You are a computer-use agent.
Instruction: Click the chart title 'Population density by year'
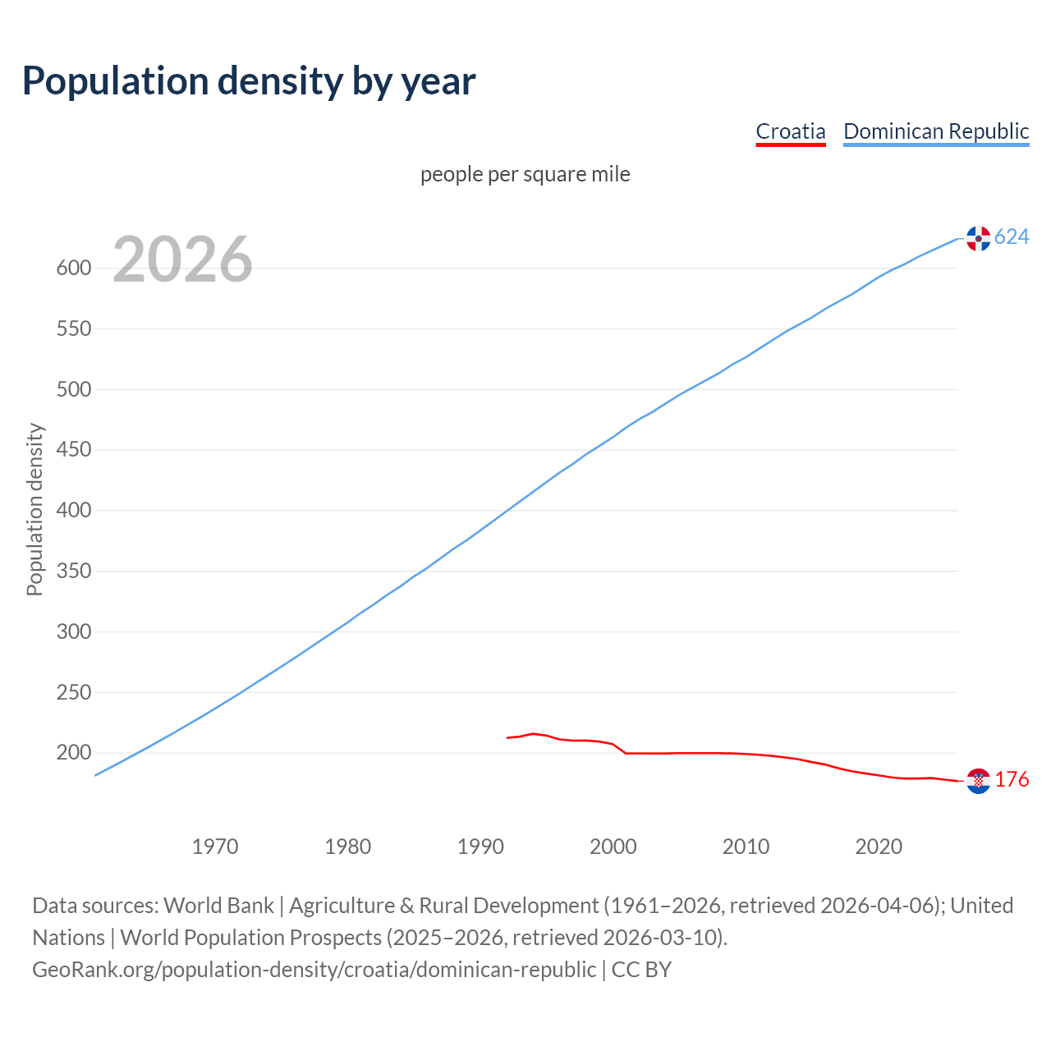click(249, 81)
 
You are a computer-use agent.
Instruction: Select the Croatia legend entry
click(790, 131)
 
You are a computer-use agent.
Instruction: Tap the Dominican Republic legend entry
click(936, 131)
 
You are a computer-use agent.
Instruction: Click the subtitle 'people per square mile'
click(525, 175)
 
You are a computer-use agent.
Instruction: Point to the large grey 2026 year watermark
click(182, 259)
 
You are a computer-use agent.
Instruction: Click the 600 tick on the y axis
click(73, 268)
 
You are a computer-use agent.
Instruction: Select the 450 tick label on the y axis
click(73, 450)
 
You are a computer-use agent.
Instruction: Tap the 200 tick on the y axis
click(73, 753)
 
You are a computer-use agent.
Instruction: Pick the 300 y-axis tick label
click(73, 632)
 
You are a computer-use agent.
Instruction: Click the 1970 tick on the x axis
click(215, 847)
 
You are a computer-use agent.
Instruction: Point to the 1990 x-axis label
click(480, 847)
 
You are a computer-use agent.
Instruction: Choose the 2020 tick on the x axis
click(879, 847)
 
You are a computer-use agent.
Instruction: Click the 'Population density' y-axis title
click(34, 509)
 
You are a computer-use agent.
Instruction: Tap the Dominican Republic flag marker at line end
click(978, 238)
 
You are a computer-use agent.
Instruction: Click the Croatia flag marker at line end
click(978, 781)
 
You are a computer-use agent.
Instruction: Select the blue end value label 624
click(1012, 237)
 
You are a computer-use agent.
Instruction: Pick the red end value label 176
click(1012, 780)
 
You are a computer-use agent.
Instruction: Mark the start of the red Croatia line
click(507, 738)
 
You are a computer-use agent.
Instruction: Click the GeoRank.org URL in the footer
click(314, 970)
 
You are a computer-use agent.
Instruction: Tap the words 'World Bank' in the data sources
click(218, 906)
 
